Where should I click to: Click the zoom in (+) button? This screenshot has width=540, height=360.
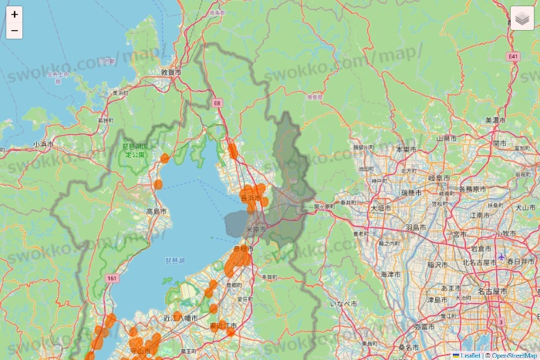pos(15,14)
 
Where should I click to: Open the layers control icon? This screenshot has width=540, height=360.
pos(522,18)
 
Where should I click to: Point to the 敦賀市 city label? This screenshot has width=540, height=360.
pos(171,72)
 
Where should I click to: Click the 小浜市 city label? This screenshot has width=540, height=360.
pos(43,144)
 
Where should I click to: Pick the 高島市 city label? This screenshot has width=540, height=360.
pos(156,210)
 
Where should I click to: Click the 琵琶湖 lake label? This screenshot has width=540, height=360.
pos(175,261)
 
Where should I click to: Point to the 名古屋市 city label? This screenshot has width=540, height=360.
pos(492,292)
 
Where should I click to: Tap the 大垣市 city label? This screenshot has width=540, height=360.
pos(381,208)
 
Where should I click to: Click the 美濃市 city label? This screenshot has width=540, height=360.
pos(494,121)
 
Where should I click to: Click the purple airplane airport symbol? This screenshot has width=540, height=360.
pos(502,256)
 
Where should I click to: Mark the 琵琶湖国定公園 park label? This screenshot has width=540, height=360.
pos(135,150)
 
